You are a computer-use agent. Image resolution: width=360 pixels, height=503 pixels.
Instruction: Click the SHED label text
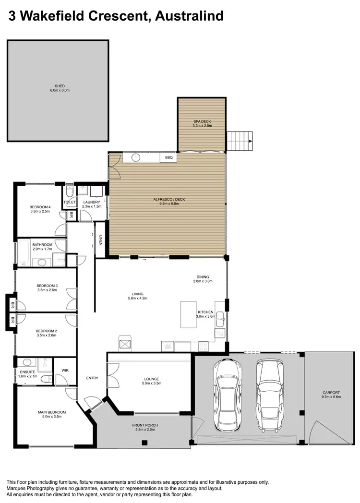(x=60, y=86)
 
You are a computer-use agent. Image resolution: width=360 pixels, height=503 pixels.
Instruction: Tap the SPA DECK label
(x=203, y=122)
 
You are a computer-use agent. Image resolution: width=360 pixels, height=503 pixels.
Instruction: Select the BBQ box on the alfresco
(x=168, y=157)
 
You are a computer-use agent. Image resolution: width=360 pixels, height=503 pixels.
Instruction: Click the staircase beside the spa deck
(x=239, y=141)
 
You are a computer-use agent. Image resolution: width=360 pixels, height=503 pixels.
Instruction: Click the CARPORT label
(x=331, y=392)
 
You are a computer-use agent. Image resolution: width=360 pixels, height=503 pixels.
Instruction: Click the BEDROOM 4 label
(x=40, y=207)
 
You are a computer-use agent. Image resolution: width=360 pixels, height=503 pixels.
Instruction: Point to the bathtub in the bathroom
(x=23, y=254)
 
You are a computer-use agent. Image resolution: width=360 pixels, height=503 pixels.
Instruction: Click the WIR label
(x=65, y=371)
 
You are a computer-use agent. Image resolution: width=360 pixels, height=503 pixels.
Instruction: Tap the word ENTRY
(x=92, y=378)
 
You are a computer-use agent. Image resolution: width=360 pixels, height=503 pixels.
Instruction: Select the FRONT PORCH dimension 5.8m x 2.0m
(x=145, y=430)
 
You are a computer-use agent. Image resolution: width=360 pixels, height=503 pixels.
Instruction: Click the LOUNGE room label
(x=152, y=378)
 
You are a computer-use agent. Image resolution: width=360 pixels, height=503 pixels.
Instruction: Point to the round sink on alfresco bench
(x=135, y=157)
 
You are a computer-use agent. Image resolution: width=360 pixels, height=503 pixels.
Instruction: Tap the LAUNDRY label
(x=91, y=202)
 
